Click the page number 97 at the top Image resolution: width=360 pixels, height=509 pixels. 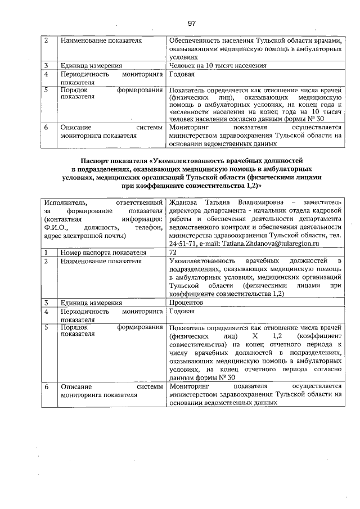pos(191,23)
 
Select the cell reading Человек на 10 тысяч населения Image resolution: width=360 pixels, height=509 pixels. pos(209,66)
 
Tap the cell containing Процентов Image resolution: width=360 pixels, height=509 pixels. pos(186,302)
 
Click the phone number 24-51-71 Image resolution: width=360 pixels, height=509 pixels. pos(182,244)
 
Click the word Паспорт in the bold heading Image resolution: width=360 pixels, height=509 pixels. pos(95,160)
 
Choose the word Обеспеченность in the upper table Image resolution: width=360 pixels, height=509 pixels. pos(195,41)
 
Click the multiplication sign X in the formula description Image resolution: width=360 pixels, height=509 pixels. pos(255,336)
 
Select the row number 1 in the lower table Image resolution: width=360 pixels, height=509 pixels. pos(47,253)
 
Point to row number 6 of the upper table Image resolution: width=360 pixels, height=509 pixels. pos(47,127)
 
